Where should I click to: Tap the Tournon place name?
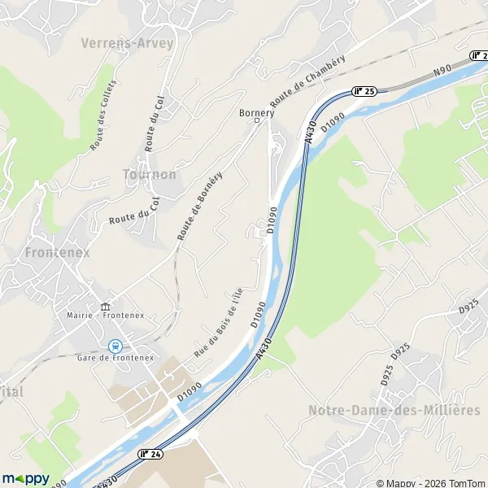click(x=149, y=175)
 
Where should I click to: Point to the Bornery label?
click(x=257, y=112)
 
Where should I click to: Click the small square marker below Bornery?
click(x=258, y=122)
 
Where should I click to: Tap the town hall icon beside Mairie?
click(x=104, y=307)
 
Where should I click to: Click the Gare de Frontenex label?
click(x=115, y=359)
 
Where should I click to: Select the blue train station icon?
click(x=115, y=346)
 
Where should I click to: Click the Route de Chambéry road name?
click(x=308, y=81)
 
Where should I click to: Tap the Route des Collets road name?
click(x=103, y=114)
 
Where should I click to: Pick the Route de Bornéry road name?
click(x=200, y=205)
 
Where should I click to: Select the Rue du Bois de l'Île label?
click(x=219, y=324)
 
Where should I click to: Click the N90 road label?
click(x=442, y=72)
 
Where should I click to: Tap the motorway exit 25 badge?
click(x=363, y=91)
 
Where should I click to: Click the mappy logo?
click(x=25, y=478)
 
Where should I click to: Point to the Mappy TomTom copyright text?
click(x=437, y=481)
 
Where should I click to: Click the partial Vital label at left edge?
click(x=11, y=391)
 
